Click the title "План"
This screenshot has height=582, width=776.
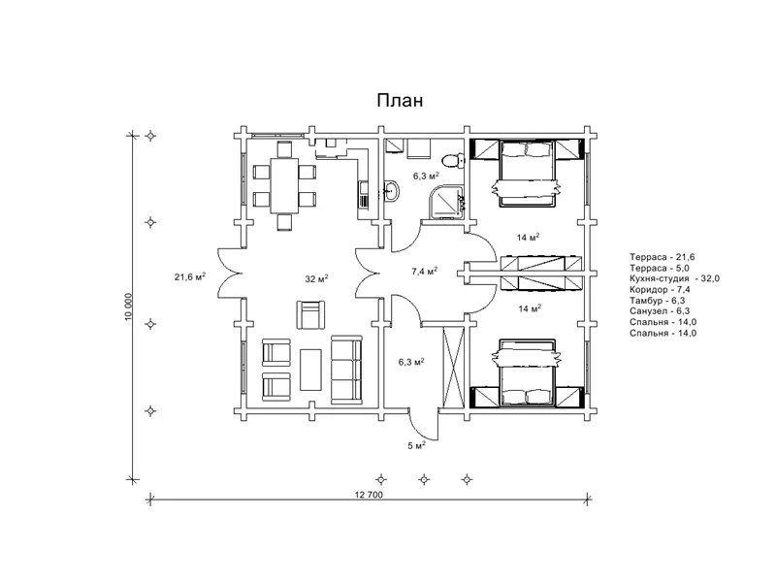point(400,101)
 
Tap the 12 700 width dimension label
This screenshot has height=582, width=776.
point(369,494)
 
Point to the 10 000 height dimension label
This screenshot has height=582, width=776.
point(129,307)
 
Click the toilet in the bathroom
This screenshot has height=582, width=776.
point(453,159)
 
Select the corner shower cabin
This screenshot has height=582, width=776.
point(447,201)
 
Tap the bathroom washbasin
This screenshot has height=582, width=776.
point(391,190)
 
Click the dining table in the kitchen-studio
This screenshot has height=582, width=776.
point(284,185)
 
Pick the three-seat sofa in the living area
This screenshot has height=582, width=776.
point(346,369)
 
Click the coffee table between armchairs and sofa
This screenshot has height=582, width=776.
point(310,370)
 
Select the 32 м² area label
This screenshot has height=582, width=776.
point(317,278)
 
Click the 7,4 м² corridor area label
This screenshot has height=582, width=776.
point(425,272)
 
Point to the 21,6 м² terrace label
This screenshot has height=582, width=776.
point(190,276)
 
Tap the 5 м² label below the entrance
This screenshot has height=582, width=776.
point(417,445)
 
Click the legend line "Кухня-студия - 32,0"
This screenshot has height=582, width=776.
point(674,278)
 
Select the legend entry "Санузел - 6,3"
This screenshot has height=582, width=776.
point(660,311)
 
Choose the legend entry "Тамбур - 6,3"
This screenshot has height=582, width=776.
point(658,301)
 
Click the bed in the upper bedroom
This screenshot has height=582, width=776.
point(526,174)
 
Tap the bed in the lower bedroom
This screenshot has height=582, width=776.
point(526,373)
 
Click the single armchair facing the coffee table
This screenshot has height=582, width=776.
point(310,314)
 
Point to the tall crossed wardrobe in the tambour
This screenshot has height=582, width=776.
point(454,367)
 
